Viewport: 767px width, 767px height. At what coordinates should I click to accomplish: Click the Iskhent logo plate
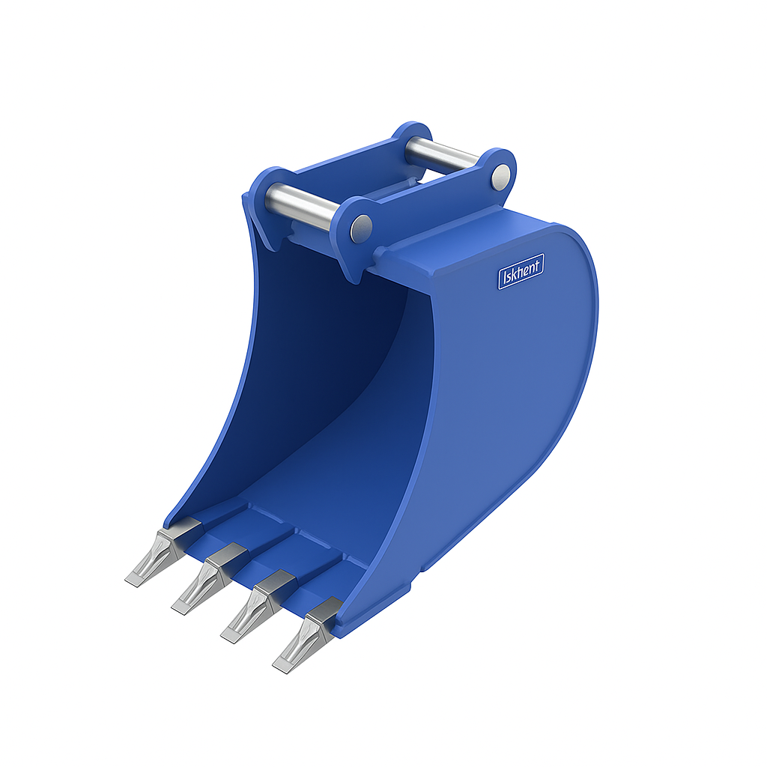click(521, 270)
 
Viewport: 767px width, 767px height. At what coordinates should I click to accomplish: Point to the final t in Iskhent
click(539, 264)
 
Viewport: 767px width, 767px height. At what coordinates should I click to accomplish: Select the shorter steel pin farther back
click(442, 154)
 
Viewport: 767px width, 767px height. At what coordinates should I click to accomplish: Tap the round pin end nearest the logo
click(500, 177)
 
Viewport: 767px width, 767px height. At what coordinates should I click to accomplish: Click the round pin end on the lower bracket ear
click(362, 224)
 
